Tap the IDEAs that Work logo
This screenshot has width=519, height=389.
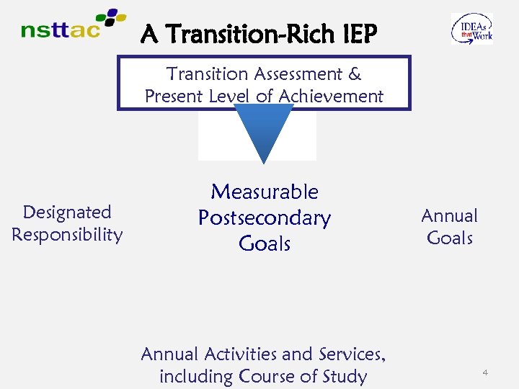[472, 29]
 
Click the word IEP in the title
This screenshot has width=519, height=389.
[352, 33]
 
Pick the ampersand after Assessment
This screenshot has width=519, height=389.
[355, 74]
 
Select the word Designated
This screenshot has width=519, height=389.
[67, 213]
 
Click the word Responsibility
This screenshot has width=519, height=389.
[67, 235]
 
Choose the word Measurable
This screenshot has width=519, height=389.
[264, 192]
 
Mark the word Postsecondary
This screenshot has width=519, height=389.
[264, 218]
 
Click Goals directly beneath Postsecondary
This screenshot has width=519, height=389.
[264, 244]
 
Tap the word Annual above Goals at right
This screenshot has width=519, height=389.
[449, 216]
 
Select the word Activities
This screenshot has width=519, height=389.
[239, 354]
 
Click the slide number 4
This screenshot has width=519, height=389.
[485, 372]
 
